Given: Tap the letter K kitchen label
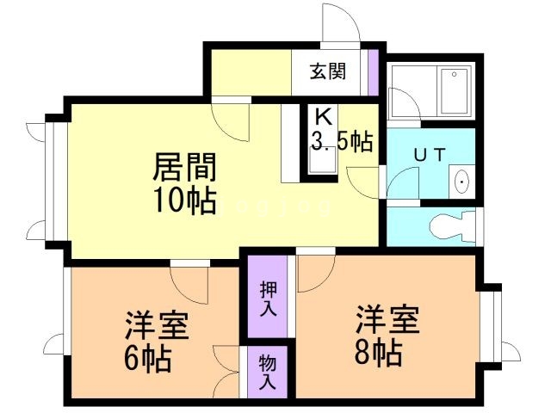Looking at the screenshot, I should pyautogui.click(x=323, y=116).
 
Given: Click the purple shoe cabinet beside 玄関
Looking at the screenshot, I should pyautogui.click(x=373, y=72).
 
